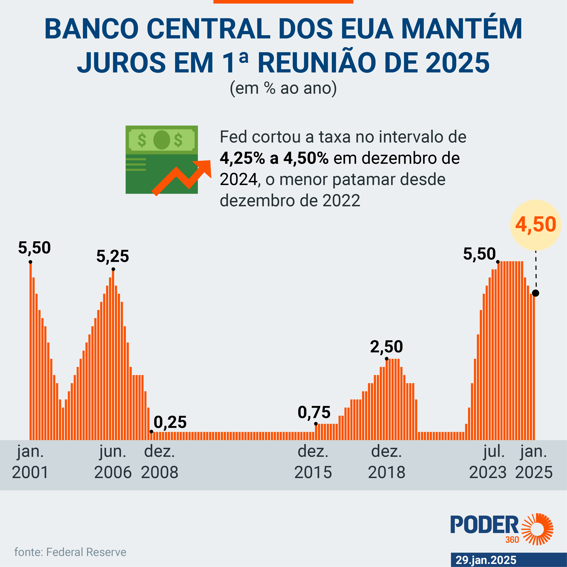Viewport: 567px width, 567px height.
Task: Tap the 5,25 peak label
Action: click(x=113, y=256)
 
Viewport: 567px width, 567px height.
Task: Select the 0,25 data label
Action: click(x=170, y=422)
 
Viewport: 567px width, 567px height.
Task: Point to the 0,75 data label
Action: click(x=314, y=412)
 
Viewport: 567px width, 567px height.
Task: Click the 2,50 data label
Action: click(x=387, y=347)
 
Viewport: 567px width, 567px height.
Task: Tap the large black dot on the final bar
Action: click(x=536, y=293)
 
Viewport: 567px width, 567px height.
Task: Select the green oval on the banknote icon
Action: click(x=162, y=140)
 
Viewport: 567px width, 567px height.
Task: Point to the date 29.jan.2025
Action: click(x=486, y=560)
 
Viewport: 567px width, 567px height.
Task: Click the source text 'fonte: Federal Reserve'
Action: click(x=70, y=552)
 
